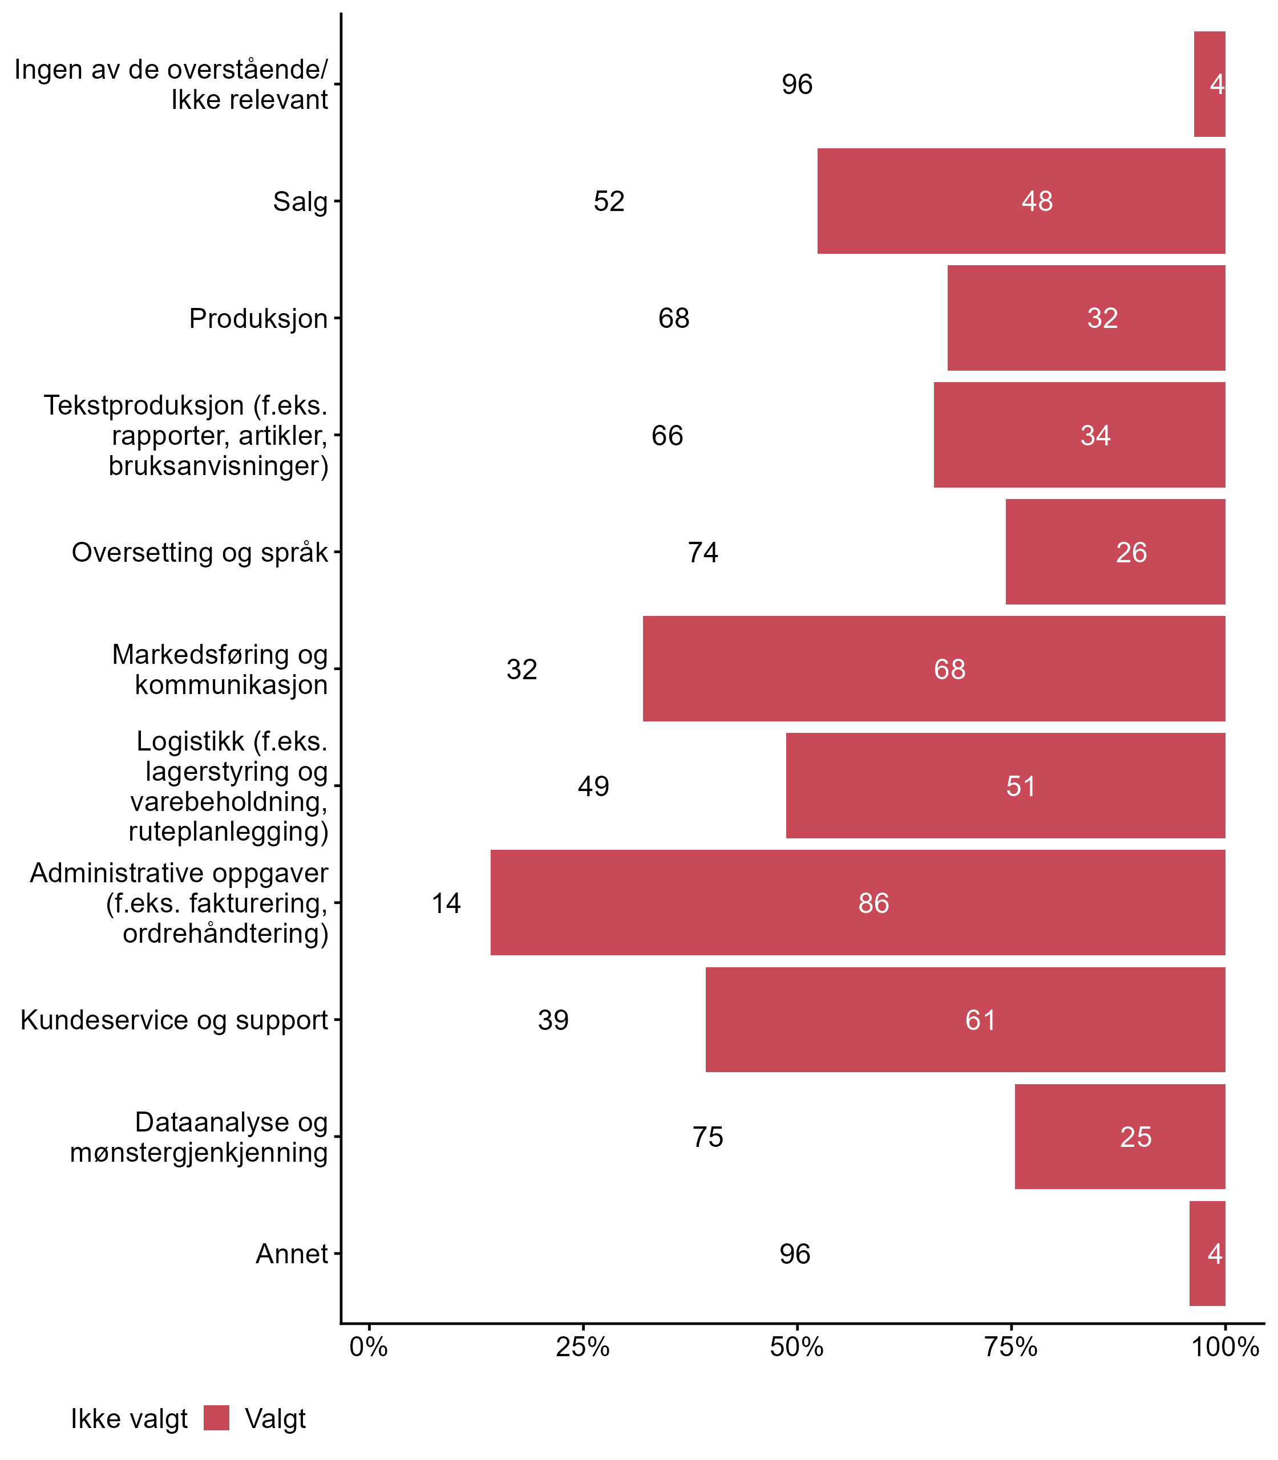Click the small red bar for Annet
(x=1207, y=1254)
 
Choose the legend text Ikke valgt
(x=129, y=1419)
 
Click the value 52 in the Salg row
(x=609, y=201)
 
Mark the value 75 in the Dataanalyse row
(x=707, y=1136)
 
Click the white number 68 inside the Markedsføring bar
(x=949, y=668)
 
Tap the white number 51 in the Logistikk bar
(x=1021, y=786)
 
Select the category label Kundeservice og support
(x=174, y=1020)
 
